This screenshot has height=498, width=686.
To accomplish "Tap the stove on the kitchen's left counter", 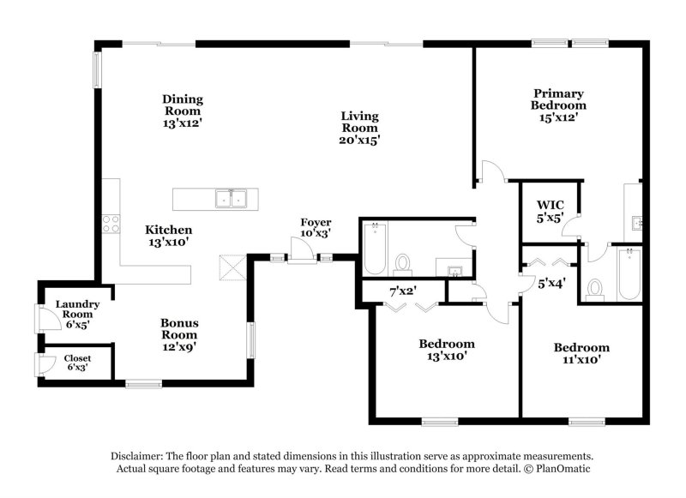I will point(111,224).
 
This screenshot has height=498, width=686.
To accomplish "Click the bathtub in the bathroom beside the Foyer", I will point(376,248).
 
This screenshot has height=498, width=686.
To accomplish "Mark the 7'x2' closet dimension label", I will point(402,291).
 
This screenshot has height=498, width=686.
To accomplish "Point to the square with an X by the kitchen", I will point(232,267).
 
